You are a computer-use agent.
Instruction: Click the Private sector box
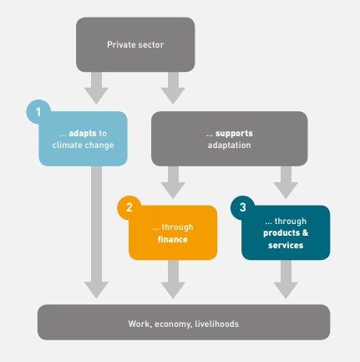135,44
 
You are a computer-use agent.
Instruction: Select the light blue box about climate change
83,139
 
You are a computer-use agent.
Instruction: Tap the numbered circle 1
38,112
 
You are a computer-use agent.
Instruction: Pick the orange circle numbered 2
129,207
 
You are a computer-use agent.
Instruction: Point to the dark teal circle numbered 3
242,207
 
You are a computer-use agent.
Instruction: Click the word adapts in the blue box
83,134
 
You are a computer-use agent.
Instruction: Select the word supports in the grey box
234,134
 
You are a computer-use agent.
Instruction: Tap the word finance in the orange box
173,239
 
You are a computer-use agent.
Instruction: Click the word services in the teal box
286,245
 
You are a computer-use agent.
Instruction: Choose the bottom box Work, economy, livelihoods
184,322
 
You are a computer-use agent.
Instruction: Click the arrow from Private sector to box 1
96,88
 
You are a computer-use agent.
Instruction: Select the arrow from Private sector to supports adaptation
173,88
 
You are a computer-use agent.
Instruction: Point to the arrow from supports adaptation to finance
173,182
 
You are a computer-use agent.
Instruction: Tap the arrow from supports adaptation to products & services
286,182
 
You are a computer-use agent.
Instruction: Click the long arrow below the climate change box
96,232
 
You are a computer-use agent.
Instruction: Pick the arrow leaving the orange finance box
173,279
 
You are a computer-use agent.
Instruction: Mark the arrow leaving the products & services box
286,279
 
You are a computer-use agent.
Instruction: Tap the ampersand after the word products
305,232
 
